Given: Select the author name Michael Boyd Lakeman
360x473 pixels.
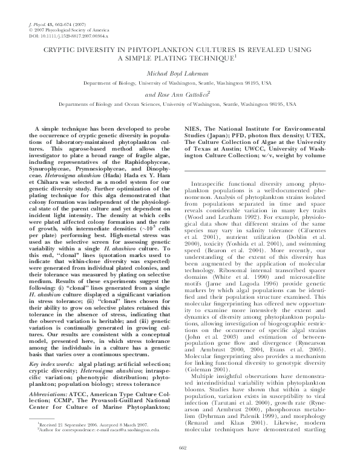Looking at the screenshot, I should tap(180, 72).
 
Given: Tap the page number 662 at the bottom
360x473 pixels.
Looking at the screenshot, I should tap(180, 465).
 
